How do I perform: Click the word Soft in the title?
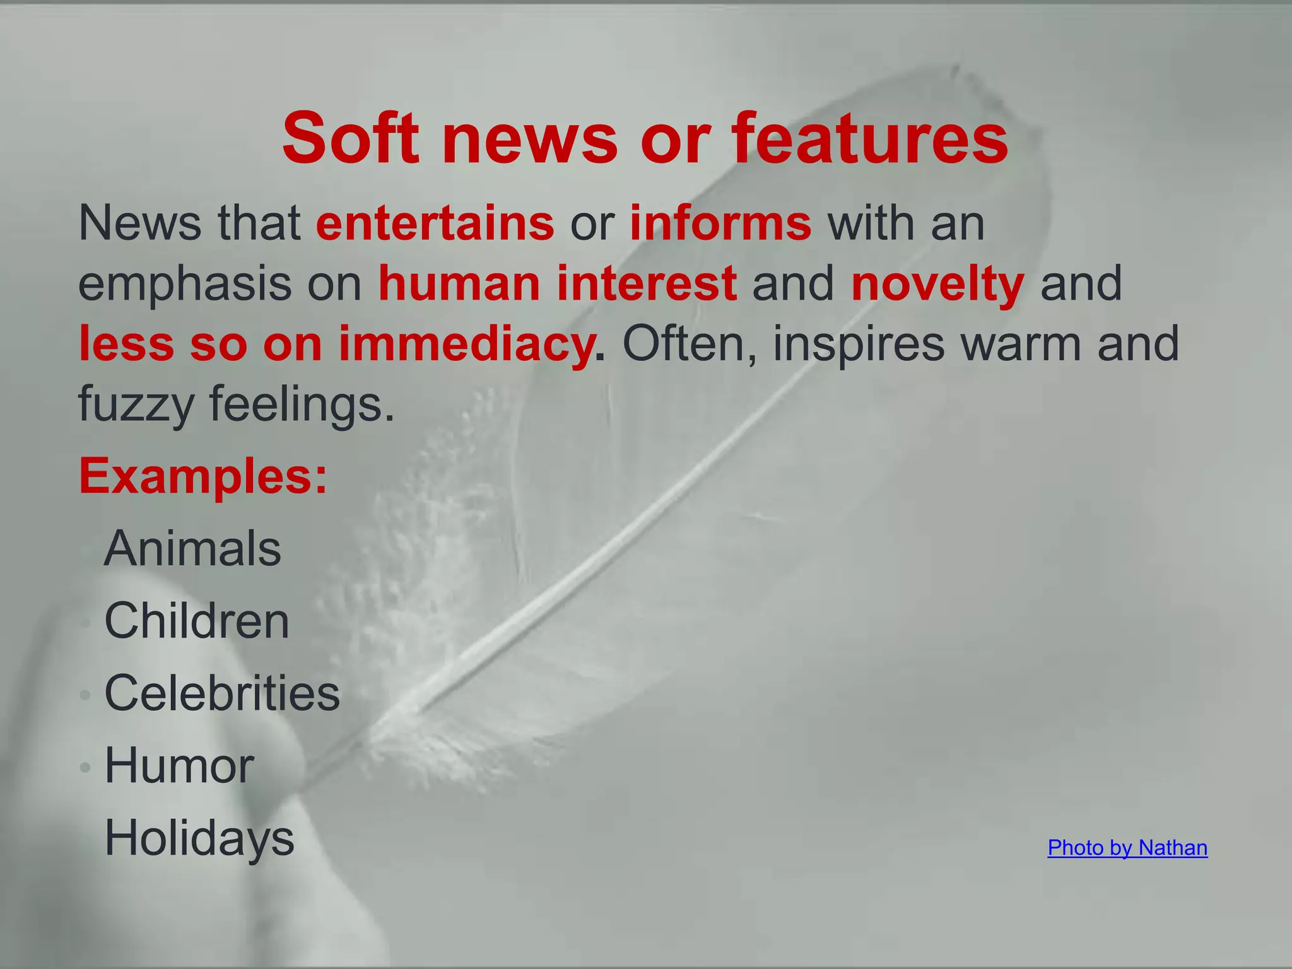pos(351,138)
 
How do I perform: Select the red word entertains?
pos(435,223)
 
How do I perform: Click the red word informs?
pos(720,223)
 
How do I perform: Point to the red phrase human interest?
pos(558,283)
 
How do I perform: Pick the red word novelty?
pos(937,283)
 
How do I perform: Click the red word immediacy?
pos(467,344)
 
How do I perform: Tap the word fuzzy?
pos(136,404)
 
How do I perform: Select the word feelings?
pos(302,404)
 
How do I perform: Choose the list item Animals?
pos(192,549)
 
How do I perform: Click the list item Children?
pos(197,621)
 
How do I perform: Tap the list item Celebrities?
pos(222,693)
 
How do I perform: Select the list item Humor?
pos(179,766)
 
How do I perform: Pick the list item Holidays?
pos(199,838)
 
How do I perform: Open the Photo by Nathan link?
pos(1127,848)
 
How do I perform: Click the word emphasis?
pos(185,283)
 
